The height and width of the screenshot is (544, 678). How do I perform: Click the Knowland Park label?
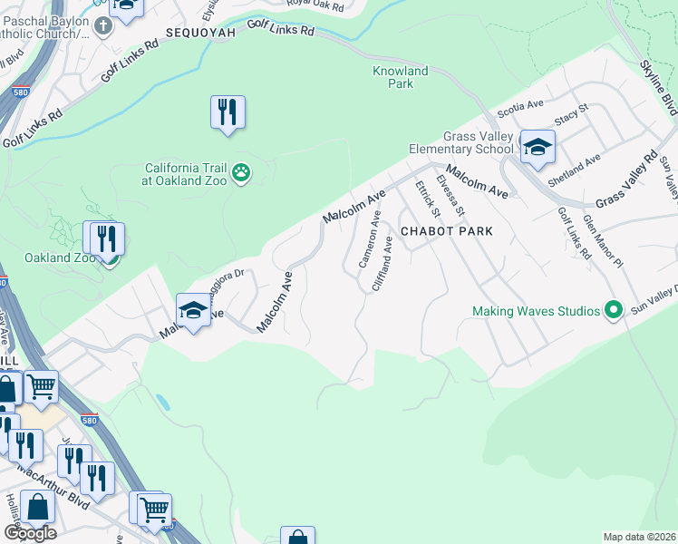click(x=400, y=77)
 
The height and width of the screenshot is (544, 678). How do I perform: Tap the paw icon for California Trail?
click(x=240, y=172)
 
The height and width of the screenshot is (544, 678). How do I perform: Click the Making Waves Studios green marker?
click(x=614, y=311)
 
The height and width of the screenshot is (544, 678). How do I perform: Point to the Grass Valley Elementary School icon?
click(x=537, y=147)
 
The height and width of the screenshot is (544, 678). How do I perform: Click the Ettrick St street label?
click(x=427, y=198)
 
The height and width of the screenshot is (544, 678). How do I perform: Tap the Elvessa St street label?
click(x=450, y=195)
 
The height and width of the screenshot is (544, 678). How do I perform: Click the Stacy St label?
click(x=572, y=116)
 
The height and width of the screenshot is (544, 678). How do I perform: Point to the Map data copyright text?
click(x=640, y=537)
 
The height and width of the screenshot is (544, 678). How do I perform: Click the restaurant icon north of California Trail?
click(x=228, y=112)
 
